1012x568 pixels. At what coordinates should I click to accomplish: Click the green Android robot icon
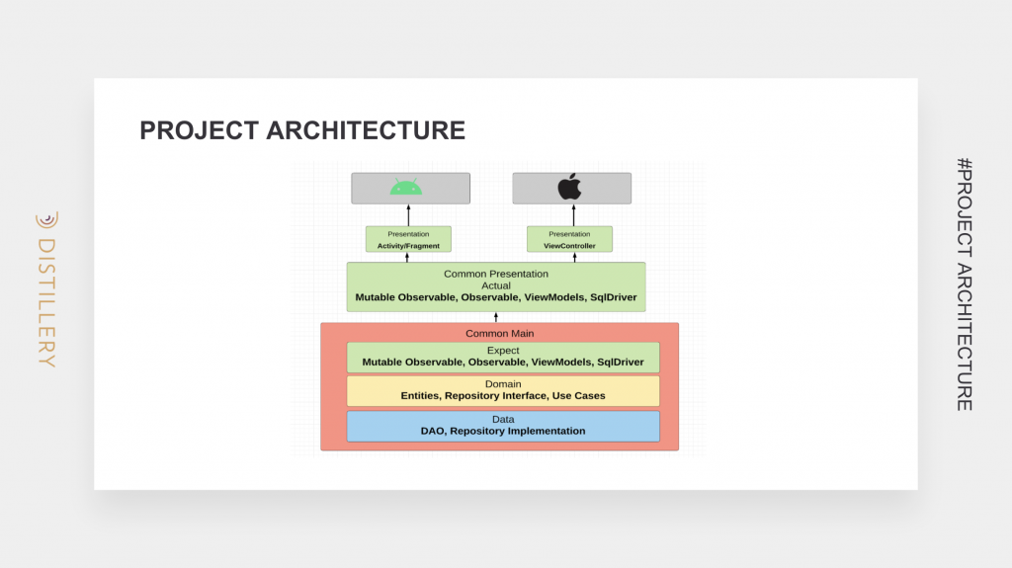point(406,187)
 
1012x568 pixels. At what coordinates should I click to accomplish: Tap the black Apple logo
point(570,186)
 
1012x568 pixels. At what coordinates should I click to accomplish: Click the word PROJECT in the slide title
point(200,130)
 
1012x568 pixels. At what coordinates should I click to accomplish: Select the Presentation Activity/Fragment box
point(408,239)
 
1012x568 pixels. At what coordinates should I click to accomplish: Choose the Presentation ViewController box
point(569,239)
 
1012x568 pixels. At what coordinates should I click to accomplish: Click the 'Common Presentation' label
point(496,274)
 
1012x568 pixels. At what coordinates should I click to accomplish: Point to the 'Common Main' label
point(499,333)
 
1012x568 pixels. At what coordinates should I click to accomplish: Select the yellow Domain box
point(503,391)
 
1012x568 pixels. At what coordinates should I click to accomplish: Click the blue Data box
point(503,426)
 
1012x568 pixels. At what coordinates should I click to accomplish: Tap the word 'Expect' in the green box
point(503,351)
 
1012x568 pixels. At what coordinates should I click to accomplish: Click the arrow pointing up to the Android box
point(408,215)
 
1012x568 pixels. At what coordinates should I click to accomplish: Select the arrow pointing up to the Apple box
point(574,215)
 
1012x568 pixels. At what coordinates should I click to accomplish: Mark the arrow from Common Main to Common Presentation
point(496,317)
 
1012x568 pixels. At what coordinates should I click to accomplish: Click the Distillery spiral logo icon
point(47,220)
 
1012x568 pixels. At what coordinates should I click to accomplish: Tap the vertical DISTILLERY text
point(47,302)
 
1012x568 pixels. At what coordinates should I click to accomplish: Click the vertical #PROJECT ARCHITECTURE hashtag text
point(965,284)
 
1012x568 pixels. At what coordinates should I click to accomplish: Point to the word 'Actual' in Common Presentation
point(496,285)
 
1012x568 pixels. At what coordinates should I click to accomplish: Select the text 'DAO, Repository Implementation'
point(503,431)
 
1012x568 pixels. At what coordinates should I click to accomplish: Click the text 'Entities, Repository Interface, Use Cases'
point(503,396)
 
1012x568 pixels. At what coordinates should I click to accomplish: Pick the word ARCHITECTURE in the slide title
point(366,130)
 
